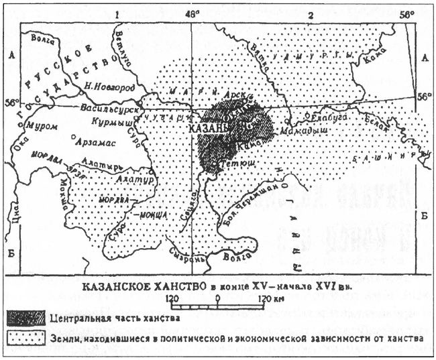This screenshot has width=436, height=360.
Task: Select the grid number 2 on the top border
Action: coord(311,13)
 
